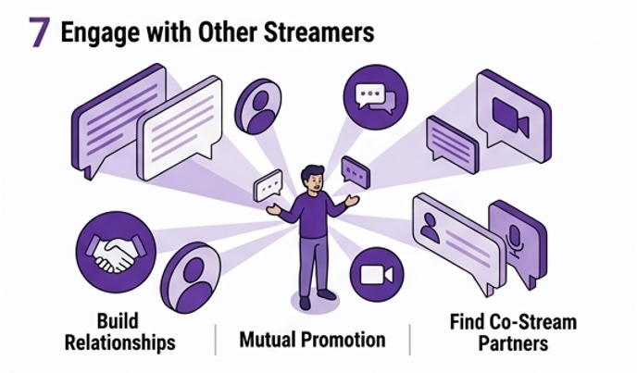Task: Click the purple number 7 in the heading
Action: click(39, 32)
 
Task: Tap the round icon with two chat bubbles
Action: click(375, 96)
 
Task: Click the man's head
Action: click(313, 177)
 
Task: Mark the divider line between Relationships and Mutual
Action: click(215, 340)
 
